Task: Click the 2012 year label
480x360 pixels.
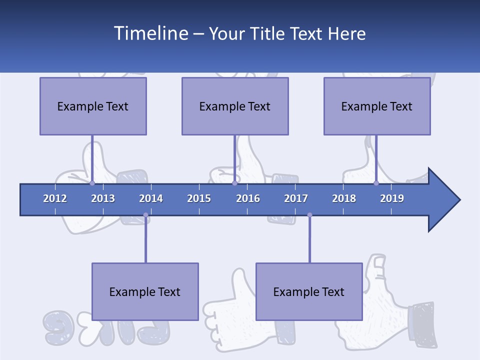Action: tap(55, 198)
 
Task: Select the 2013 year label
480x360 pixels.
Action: tap(103, 198)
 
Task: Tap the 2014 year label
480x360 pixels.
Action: tap(151, 198)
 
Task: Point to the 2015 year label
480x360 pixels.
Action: tap(199, 198)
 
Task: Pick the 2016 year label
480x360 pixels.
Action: tap(248, 198)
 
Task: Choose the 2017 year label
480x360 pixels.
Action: tap(296, 198)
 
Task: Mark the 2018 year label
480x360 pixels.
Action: tap(344, 198)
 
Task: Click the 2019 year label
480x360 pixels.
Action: tap(392, 198)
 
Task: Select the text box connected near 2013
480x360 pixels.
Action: tap(93, 106)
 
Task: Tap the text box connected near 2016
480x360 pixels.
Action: tap(235, 106)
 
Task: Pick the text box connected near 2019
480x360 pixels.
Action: tap(377, 106)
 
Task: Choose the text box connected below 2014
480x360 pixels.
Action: tap(145, 291)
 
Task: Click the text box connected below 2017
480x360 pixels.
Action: tap(309, 291)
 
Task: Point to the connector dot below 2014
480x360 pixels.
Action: tap(145, 215)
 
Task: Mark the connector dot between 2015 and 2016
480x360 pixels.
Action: tap(234, 183)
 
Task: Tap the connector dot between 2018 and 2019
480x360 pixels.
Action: tap(376, 183)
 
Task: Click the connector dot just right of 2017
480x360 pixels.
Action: tap(309, 215)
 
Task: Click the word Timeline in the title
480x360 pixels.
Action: tap(150, 33)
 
